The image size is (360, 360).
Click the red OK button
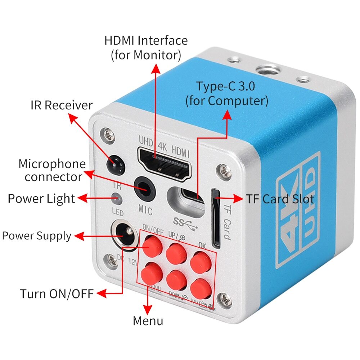coord(201,262)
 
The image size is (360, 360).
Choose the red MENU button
coord(153,273)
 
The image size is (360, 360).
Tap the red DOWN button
coord(177,280)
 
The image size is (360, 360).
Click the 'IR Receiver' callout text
coord(62,105)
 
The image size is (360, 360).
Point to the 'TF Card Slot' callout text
coord(280,199)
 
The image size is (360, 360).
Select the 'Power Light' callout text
coord(41,198)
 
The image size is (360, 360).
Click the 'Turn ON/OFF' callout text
coord(57,293)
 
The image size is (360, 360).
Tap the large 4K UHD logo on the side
coord(297,212)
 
